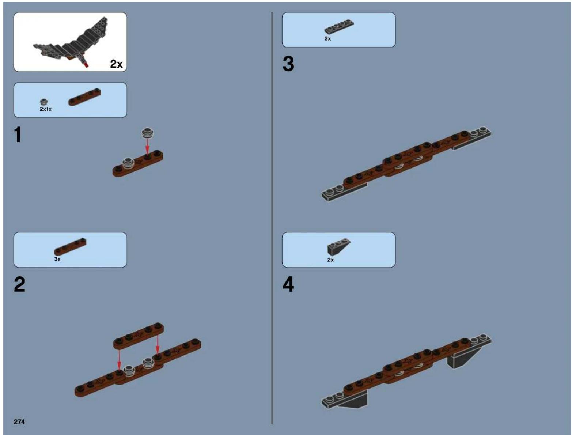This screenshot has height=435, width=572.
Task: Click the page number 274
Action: [19, 421]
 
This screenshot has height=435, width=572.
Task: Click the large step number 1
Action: [18, 135]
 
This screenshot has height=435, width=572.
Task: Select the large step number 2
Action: [19, 284]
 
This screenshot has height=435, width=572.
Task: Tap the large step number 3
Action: [288, 64]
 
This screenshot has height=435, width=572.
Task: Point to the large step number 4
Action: [288, 284]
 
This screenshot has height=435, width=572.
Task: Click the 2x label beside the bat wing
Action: [116, 64]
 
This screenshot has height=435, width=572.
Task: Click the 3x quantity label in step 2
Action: [57, 259]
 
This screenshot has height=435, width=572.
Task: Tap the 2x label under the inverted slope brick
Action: [330, 260]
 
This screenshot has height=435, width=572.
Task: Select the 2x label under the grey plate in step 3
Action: [327, 39]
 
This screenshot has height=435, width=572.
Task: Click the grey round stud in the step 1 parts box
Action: [43, 102]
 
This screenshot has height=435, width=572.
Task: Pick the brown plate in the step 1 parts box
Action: [84, 97]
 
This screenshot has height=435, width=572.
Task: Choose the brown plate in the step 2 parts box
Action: [70, 246]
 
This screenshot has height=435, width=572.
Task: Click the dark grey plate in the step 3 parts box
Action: [339, 27]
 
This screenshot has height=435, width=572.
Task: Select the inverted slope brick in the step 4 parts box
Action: [338, 246]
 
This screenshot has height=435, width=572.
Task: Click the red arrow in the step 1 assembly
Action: [147, 147]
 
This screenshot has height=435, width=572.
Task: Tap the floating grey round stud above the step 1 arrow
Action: [148, 133]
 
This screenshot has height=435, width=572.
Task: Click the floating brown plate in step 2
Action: [139, 335]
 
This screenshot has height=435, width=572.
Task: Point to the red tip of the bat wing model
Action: [86, 65]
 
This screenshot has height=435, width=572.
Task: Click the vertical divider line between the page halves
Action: [272, 218]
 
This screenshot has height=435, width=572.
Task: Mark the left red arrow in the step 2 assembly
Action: [119, 360]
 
